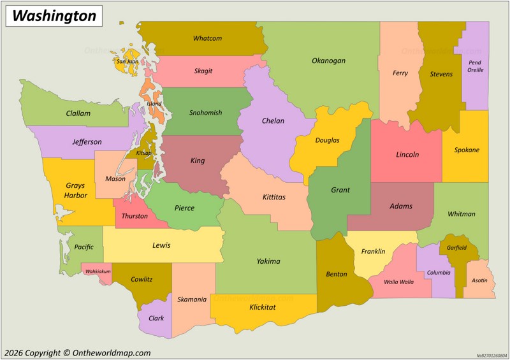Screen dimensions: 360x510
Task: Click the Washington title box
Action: point(54,16)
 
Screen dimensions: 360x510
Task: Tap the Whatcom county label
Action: point(207,38)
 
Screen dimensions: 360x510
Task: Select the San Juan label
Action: point(127,62)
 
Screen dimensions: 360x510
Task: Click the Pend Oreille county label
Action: point(475,66)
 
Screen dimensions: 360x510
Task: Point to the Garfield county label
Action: point(456,247)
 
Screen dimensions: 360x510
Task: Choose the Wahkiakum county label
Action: point(98,271)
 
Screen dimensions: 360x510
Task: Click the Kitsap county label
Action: point(143,153)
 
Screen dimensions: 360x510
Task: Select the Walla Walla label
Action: point(398,282)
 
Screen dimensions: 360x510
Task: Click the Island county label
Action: point(154,103)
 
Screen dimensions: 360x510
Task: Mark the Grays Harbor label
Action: point(75,191)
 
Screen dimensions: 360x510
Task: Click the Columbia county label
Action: point(439,272)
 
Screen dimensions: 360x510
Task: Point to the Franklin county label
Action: point(373,251)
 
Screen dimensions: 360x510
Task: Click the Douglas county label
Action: point(327,140)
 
